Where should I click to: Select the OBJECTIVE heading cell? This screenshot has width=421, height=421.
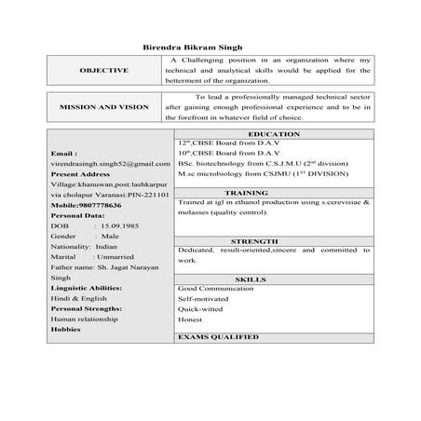(x=104, y=71)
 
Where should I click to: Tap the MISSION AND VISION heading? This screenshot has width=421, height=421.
(x=104, y=107)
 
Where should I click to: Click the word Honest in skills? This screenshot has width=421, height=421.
(x=190, y=319)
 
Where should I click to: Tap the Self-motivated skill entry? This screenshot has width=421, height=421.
(x=204, y=298)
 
